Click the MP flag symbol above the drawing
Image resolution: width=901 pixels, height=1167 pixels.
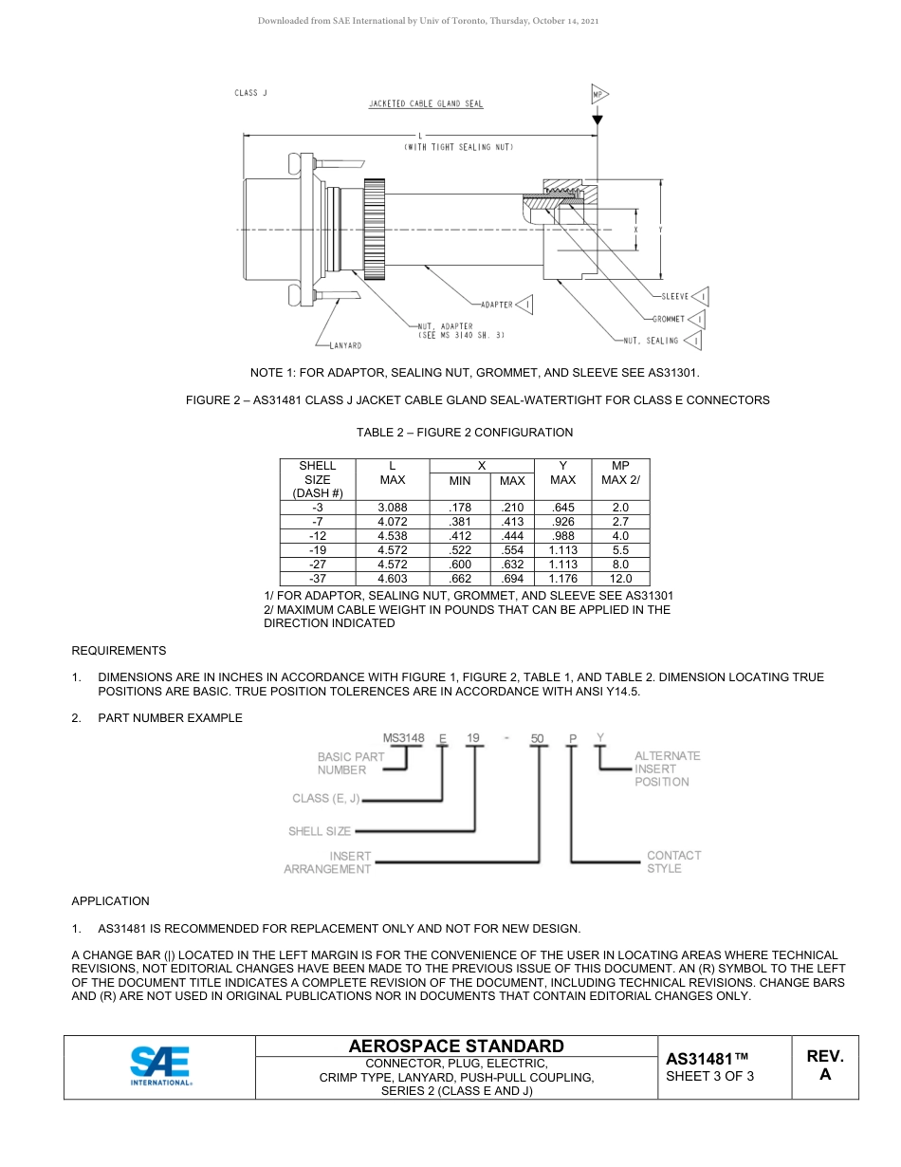point(598,95)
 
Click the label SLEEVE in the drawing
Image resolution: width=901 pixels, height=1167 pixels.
point(674,296)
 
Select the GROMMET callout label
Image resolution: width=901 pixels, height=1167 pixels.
point(669,319)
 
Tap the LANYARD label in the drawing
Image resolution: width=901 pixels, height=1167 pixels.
point(344,345)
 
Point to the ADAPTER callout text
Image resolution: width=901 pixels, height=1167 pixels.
point(497,305)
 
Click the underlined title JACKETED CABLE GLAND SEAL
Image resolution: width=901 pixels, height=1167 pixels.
point(426,104)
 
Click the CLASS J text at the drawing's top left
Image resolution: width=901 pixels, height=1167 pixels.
point(251,93)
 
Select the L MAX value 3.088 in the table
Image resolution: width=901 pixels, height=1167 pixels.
point(392,509)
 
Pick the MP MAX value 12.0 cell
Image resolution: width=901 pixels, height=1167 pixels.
point(620,578)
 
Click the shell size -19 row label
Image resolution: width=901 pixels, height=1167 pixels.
point(317,550)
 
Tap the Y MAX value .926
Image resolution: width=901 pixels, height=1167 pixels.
point(562,523)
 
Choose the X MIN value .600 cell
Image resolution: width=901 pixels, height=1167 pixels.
point(459,565)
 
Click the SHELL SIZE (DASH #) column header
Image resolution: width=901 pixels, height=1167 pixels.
point(317,479)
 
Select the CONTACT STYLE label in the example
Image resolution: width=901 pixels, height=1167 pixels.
point(673,861)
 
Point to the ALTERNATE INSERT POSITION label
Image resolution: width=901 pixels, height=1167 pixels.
point(667,769)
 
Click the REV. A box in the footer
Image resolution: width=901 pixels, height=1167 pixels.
point(824,1065)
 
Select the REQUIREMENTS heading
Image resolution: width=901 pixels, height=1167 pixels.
point(119,651)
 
